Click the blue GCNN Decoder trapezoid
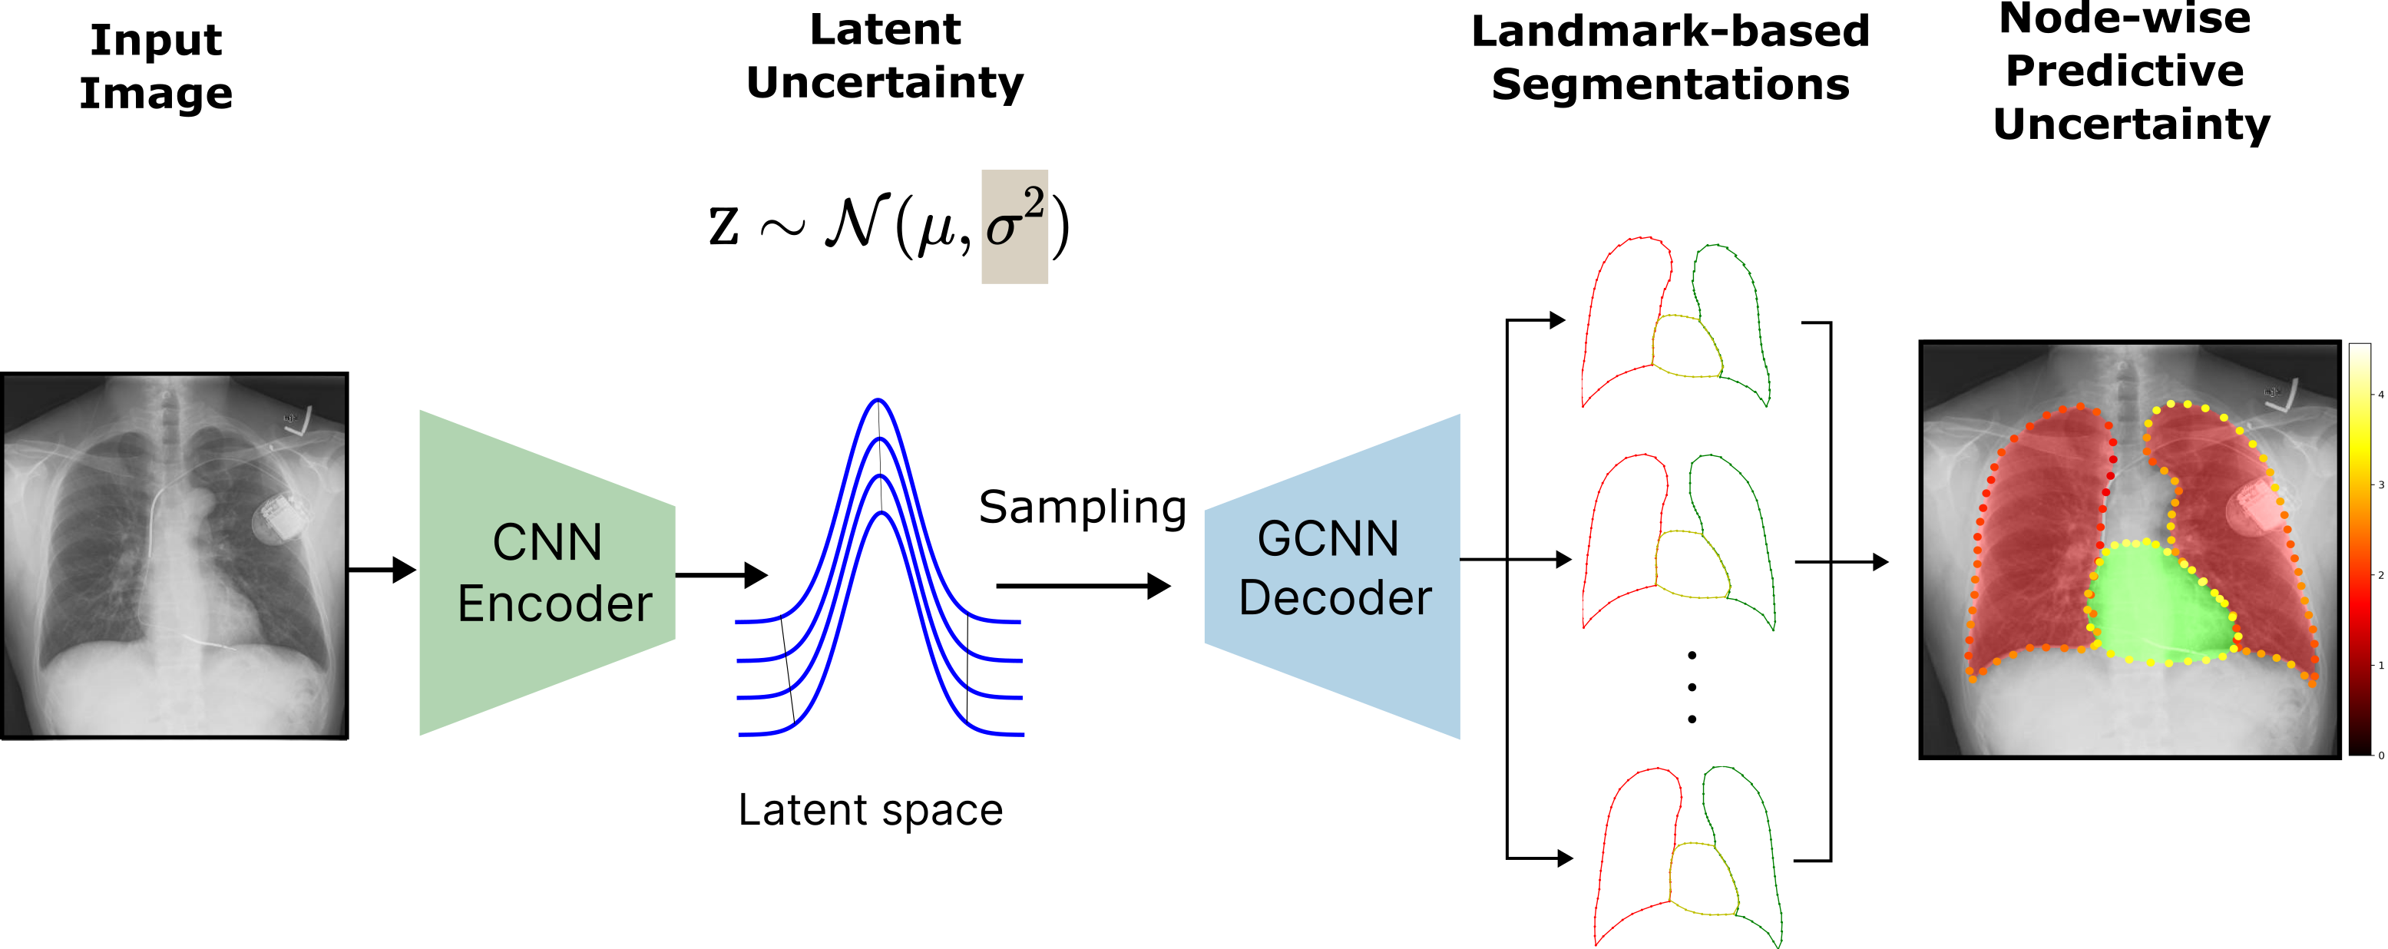point(1333,574)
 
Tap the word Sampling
point(1082,507)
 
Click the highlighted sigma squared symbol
point(1014,227)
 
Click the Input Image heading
point(156,67)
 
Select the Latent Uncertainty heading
point(885,55)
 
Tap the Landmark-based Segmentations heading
point(1669,58)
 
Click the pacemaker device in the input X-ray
point(277,519)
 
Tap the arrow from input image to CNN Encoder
point(382,570)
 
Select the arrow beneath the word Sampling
point(1083,586)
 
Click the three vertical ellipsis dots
point(1692,686)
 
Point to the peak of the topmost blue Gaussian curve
point(877,402)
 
